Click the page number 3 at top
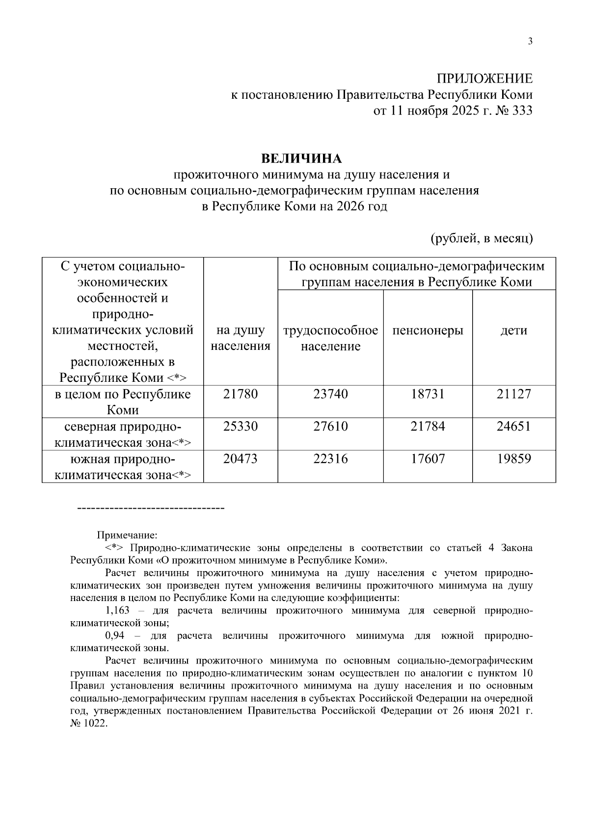[530, 41]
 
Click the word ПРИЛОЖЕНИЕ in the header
[484, 79]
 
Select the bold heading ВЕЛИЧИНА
[301, 159]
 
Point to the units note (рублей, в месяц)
[482, 238]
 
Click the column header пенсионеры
[428, 330]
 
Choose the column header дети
[513, 330]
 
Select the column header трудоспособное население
[330, 338]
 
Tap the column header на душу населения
[241, 338]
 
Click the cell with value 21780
[241, 394]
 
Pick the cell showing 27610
[330, 426]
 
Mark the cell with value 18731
[428, 394]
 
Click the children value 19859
[513, 459]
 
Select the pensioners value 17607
[428, 459]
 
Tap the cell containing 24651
[513, 426]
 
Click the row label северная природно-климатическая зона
[122, 434]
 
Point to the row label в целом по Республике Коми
[122, 402]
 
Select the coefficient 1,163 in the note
[117, 610]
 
